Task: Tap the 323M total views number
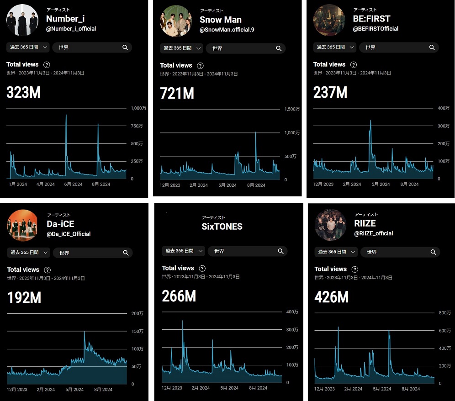click(x=24, y=92)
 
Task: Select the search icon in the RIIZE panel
click(x=433, y=252)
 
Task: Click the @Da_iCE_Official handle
click(x=69, y=234)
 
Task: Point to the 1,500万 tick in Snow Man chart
click(x=292, y=109)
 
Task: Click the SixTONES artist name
click(x=222, y=227)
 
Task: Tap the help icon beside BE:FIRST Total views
click(x=354, y=65)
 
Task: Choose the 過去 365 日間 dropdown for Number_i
click(x=28, y=47)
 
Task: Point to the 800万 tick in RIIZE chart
click(x=444, y=313)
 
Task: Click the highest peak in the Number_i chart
click(x=66, y=116)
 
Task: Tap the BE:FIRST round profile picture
click(x=329, y=21)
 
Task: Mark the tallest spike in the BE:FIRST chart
click(x=370, y=121)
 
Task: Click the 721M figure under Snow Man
click(x=177, y=93)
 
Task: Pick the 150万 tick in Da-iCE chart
click(x=137, y=331)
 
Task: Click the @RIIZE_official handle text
click(x=374, y=233)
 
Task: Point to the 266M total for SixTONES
click(x=179, y=296)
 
